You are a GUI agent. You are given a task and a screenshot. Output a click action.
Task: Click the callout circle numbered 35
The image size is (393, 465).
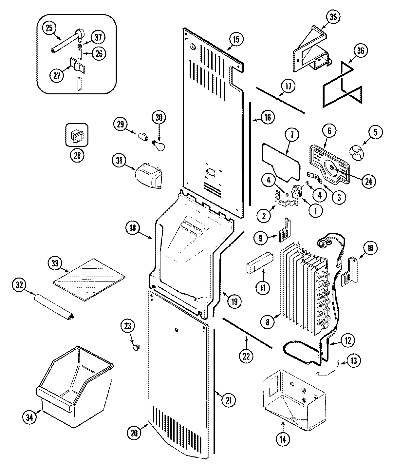coord(333,17)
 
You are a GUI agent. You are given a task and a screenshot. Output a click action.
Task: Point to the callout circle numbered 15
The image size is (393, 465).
coord(236,39)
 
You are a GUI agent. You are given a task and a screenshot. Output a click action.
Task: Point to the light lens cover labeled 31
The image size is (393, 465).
coord(149,176)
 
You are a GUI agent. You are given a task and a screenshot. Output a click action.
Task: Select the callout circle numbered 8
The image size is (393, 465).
coord(268,322)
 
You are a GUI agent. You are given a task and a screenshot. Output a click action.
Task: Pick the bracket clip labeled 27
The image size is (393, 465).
coord(77,65)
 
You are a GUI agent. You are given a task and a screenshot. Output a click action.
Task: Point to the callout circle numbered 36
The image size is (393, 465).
coord(361,51)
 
